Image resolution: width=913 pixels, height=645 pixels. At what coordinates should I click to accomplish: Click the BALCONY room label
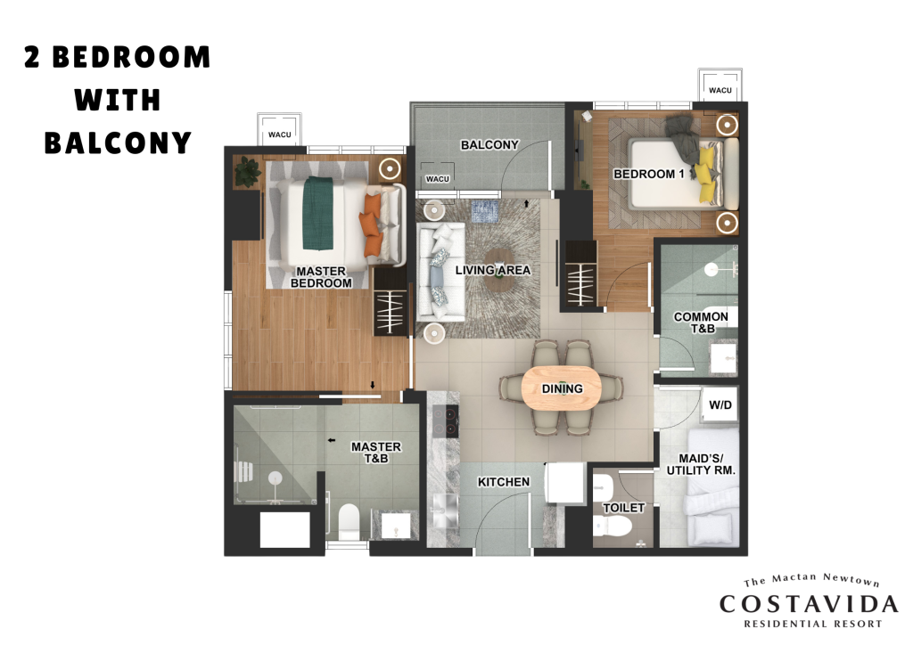(489, 145)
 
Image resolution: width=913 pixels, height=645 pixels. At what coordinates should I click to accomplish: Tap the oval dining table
(562, 388)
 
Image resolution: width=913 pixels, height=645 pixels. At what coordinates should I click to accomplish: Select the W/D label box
(720, 404)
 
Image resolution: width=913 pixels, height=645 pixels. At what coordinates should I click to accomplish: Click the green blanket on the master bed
(317, 212)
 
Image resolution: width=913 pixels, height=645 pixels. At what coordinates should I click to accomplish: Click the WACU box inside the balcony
(437, 176)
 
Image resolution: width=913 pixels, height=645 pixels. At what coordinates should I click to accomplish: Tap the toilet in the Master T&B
(349, 520)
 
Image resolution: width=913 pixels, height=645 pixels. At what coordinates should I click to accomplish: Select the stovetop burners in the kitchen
(446, 420)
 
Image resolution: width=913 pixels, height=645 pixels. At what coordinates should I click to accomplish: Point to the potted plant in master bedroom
(248, 172)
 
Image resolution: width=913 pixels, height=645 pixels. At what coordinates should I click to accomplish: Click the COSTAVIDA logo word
(809, 604)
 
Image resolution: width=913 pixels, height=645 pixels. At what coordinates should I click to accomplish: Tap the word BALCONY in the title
(118, 143)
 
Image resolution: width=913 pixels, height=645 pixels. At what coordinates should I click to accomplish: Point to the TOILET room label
(623, 508)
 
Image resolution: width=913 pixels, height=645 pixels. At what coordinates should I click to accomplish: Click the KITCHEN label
(504, 482)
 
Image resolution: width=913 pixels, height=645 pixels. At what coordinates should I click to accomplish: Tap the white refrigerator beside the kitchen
(564, 484)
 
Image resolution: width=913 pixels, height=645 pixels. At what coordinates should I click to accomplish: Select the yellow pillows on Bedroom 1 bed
(707, 175)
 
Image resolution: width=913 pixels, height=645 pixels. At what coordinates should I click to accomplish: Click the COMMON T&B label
(701, 322)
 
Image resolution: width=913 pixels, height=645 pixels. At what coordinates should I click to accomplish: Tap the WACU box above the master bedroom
(279, 129)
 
